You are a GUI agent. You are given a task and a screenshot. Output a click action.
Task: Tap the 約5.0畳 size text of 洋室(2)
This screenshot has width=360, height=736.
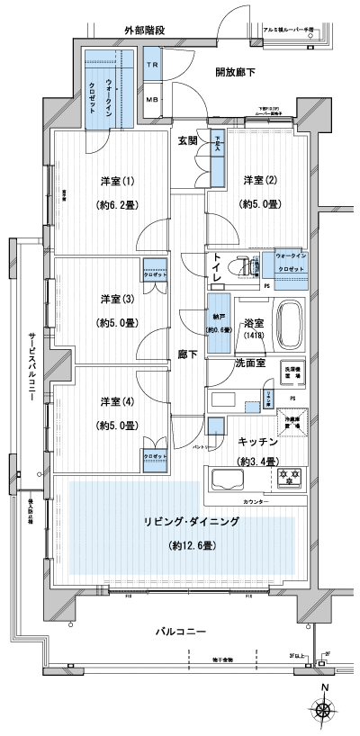point(259,205)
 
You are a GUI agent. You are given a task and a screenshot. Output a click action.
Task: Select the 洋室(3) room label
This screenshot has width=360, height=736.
point(114,299)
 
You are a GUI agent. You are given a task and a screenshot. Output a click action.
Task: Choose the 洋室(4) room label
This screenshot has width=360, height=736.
point(114,402)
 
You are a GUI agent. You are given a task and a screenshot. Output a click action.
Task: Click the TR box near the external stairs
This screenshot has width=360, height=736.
point(152,67)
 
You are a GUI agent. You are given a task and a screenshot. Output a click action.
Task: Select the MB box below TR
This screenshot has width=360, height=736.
point(152,99)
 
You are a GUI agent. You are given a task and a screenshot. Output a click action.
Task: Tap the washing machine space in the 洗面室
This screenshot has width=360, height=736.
point(293,371)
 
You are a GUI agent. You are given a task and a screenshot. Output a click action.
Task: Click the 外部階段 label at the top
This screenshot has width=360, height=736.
point(144,31)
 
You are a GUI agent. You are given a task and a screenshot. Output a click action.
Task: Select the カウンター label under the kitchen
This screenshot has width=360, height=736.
point(256,500)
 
